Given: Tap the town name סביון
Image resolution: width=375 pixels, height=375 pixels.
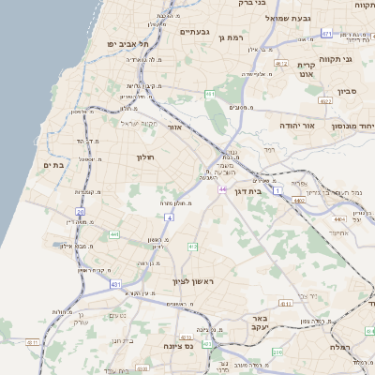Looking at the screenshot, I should click(322, 95).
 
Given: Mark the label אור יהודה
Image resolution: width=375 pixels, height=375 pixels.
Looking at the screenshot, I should click(294, 124).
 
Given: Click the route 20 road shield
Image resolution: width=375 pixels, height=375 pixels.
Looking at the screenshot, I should click(81, 212).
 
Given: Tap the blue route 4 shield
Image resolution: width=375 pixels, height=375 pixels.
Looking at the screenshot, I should click(170, 217).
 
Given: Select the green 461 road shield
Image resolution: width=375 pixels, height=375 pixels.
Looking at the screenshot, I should click(210, 95).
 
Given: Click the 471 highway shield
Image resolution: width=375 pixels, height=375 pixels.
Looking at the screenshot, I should click(325, 34).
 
